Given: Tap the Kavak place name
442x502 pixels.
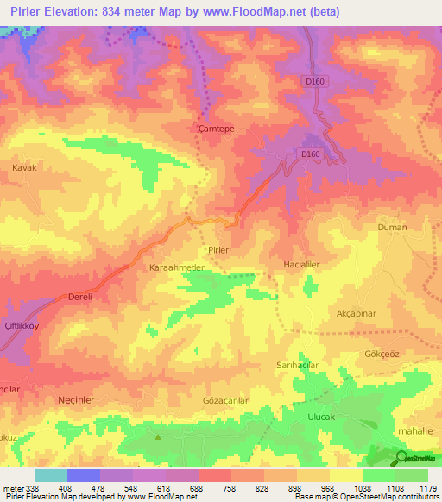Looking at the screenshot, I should pos(24,168).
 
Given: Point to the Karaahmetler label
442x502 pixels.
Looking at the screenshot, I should pos(177,268).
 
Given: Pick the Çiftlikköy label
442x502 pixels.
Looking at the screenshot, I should pos(24,324).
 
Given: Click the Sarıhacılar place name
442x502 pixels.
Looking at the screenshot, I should pos(298,366).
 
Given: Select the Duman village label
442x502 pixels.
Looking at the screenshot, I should pos(392,228).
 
